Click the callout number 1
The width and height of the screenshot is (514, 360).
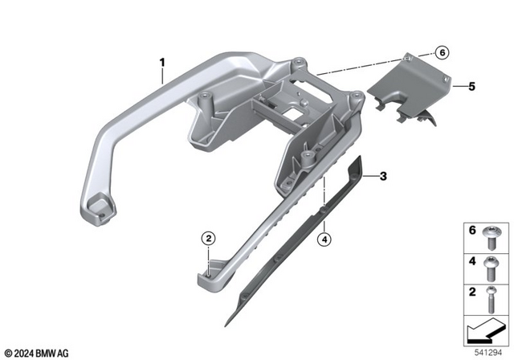162,62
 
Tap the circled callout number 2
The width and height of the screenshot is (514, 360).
209,239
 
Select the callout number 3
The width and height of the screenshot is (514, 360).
383,176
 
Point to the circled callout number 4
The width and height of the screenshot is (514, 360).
324,239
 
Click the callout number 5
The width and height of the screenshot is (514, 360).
471,87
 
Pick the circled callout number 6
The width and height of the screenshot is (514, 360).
442,52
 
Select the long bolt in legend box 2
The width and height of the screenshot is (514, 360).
491,300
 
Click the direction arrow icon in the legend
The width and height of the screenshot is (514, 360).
486,331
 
